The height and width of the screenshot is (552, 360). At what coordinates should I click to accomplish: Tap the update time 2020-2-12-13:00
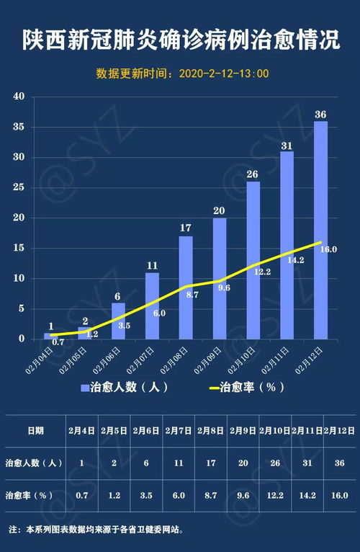[x=222, y=74]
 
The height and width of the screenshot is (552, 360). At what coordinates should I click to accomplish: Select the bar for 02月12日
[x=320, y=231]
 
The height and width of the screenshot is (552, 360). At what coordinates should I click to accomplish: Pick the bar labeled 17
[x=186, y=288]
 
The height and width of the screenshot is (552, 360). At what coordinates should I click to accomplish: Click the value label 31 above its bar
[x=287, y=146]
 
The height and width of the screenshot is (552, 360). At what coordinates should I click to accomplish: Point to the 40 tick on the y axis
[x=19, y=97]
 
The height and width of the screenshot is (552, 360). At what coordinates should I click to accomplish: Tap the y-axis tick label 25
[x=19, y=187]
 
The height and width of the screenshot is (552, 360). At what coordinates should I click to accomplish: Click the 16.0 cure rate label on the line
[x=329, y=249]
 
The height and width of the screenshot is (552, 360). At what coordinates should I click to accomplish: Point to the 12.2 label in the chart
[x=263, y=272]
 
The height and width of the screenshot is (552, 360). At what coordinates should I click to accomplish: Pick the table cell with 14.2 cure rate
[x=307, y=496]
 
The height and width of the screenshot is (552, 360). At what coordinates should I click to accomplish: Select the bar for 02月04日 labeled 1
[x=50, y=336]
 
